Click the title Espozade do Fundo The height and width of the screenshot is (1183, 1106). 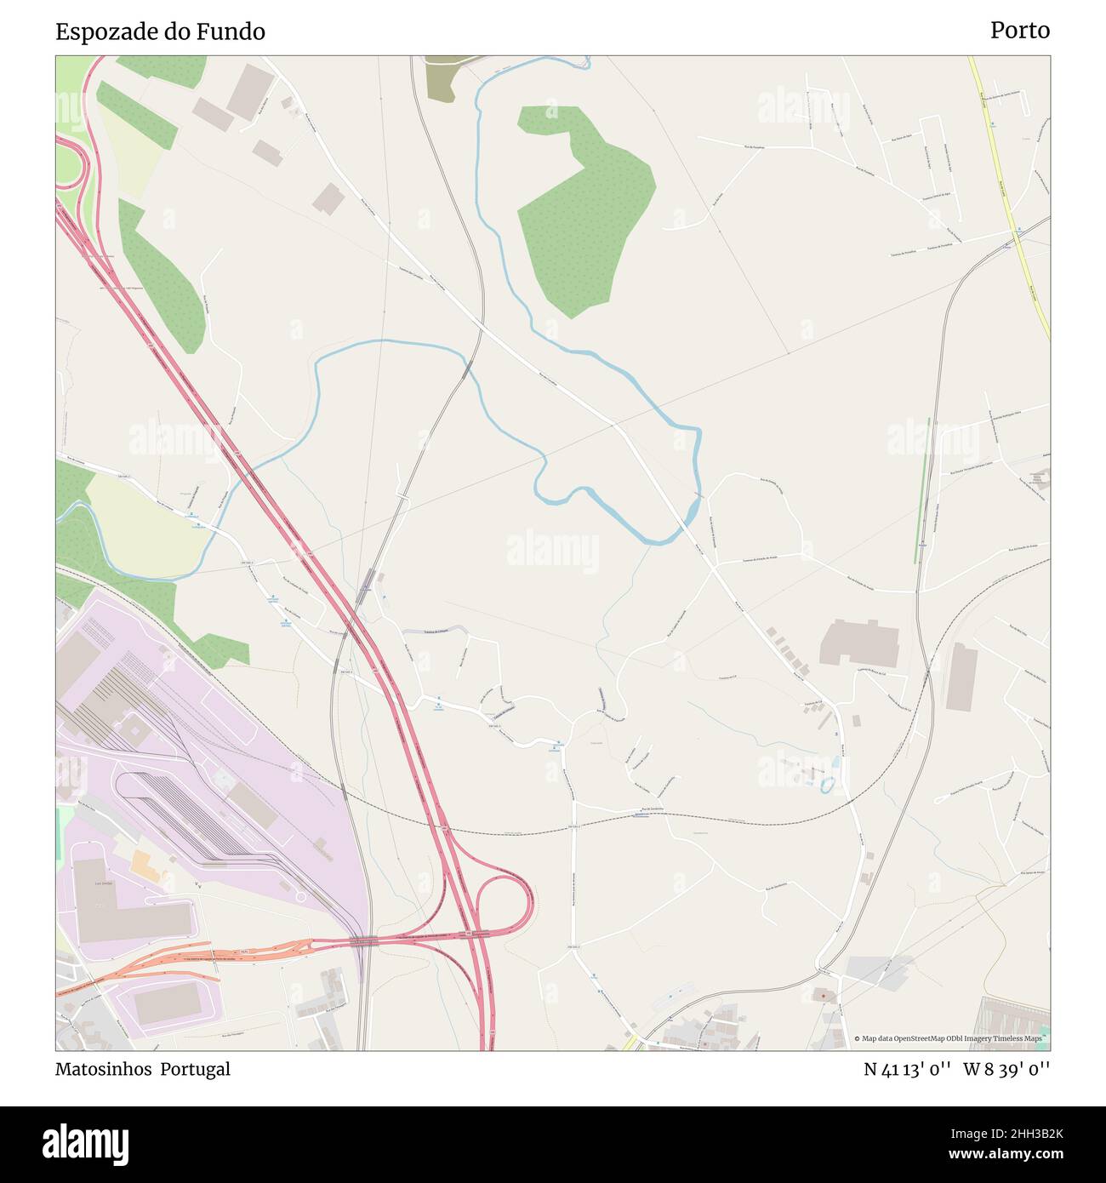click(160, 31)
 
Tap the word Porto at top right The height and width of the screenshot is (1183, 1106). click(1019, 31)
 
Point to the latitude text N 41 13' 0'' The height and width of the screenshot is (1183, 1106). click(907, 1069)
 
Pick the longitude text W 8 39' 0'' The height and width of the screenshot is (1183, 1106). click(1006, 1069)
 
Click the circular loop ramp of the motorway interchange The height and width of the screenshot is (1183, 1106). click(506, 906)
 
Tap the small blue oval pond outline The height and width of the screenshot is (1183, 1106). click(825, 784)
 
